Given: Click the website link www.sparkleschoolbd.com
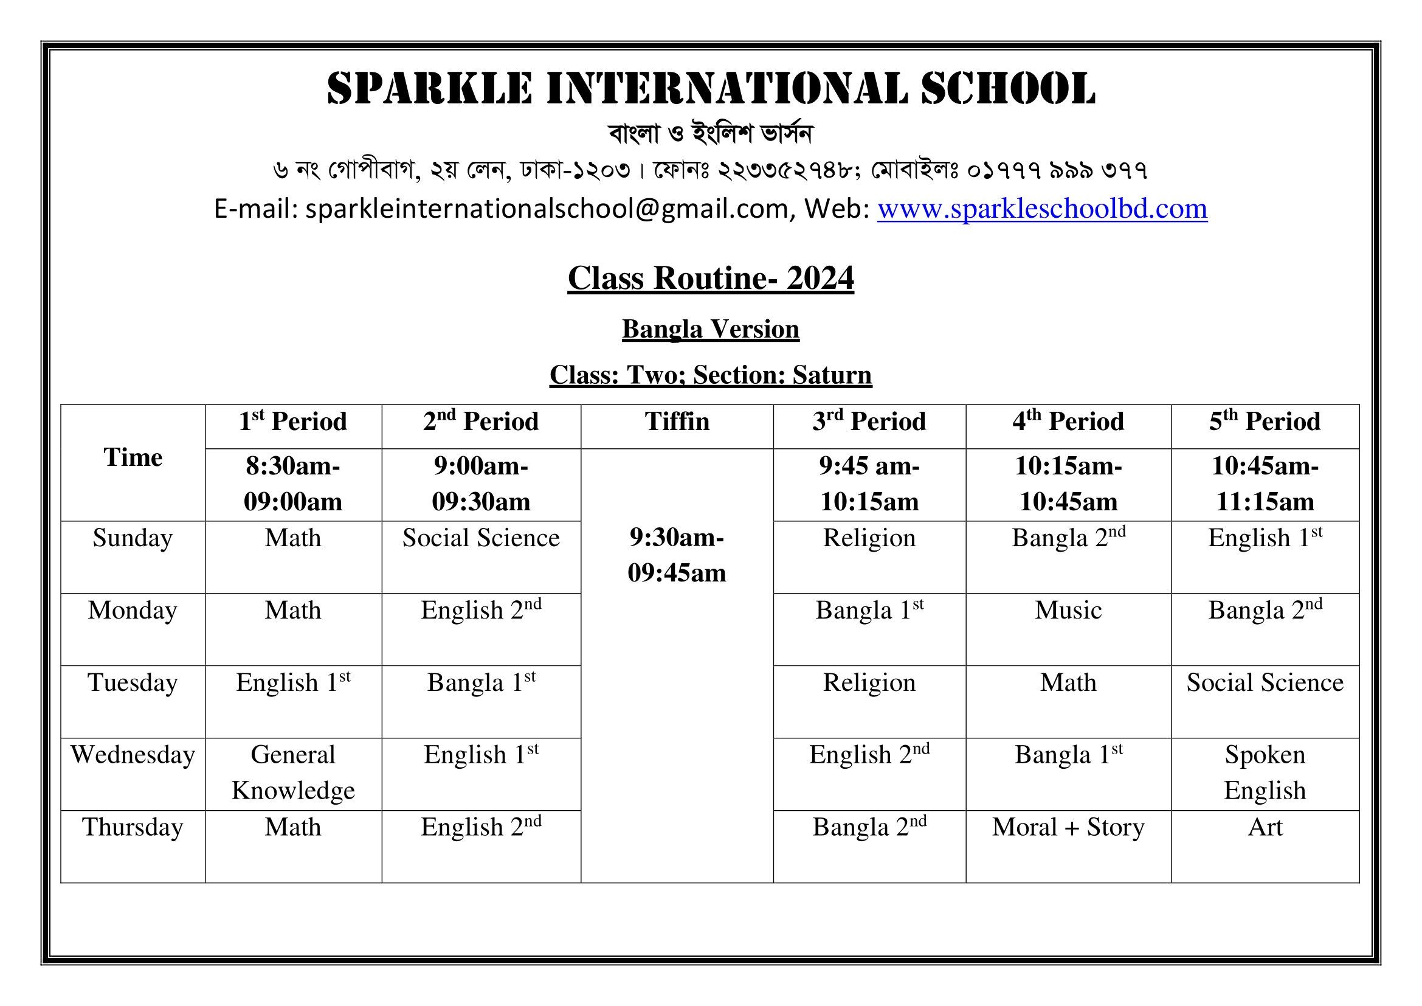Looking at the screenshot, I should point(1042,209).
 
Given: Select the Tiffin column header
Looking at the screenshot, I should point(677,422).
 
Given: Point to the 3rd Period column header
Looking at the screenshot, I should point(869,422).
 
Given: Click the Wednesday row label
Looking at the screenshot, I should point(133,755).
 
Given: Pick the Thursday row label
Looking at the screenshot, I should point(133,828).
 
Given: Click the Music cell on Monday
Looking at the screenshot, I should point(1068,611).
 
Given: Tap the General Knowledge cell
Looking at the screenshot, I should point(293,772).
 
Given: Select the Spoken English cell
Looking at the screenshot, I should point(1265,772).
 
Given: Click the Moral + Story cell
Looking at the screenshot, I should point(1068,828).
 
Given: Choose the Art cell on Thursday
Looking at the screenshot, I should point(1265,828).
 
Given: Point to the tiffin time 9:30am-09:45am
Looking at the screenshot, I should point(677,555).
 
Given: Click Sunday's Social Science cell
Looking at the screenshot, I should point(481,538).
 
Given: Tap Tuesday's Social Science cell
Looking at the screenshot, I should point(1265,683).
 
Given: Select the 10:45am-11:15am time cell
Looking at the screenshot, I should point(1265,484).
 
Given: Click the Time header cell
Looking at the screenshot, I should point(133,458).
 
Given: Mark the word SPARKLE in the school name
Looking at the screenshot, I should point(430,89).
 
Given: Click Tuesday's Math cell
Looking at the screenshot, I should point(1068,683).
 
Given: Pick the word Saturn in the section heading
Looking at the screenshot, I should point(832,375).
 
